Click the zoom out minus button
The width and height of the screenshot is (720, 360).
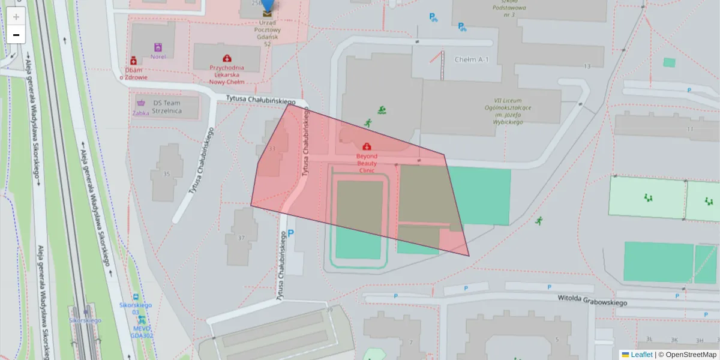(16, 35)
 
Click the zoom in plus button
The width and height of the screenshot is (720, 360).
(16, 17)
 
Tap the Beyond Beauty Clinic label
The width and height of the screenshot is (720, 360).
(367, 163)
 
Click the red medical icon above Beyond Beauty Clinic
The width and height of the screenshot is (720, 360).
(367, 146)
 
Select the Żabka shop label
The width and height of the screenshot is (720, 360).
(141, 112)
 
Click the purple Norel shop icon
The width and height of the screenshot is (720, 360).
(158, 47)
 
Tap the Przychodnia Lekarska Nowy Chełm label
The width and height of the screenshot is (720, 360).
(227, 75)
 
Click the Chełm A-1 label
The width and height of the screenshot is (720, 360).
(472, 59)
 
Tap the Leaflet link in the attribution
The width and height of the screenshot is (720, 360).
(641, 355)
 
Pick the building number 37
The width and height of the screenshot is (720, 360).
(241, 238)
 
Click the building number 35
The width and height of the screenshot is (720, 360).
(166, 175)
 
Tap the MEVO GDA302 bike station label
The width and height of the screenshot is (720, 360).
(142, 331)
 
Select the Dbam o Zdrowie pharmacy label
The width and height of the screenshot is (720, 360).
(134, 73)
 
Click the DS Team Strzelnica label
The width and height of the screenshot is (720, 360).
(167, 106)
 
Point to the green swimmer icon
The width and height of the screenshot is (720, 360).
(382, 110)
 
